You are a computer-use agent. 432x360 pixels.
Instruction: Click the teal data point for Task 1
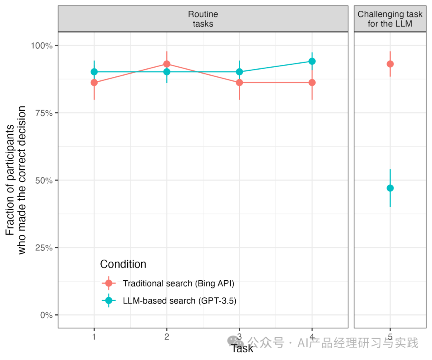(94, 72)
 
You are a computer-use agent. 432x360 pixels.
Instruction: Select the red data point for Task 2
(167, 64)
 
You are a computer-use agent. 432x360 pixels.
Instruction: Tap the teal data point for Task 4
(312, 61)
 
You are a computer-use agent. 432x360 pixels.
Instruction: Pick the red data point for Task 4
(312, 83)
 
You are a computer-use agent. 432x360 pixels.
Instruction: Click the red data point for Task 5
(390, 64)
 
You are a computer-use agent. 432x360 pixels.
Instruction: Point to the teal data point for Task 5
(390, 188)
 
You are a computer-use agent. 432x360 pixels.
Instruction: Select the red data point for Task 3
(240, 83)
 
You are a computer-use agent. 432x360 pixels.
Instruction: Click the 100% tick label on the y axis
(42, 46)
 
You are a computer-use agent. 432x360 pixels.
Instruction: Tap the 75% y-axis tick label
(44, 113)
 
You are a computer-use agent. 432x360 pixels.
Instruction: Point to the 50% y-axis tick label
(44, 180)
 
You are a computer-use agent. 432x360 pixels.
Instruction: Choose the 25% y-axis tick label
(44, 248)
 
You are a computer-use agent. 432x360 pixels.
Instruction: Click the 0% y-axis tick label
(46, 315)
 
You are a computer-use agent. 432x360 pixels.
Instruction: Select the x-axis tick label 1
(94, 336)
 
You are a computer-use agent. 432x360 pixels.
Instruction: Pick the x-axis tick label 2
(167, 336)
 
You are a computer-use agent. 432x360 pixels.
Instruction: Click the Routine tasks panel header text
(203, 19)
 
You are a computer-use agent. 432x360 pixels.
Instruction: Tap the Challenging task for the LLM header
(390, 19)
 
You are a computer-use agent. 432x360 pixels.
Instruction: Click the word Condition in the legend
(123, 264)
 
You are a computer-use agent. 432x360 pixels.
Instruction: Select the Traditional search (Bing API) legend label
(178, 284)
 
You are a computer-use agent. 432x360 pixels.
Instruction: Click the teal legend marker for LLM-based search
(109, 300)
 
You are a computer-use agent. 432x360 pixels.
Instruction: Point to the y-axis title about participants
(16, 180)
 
